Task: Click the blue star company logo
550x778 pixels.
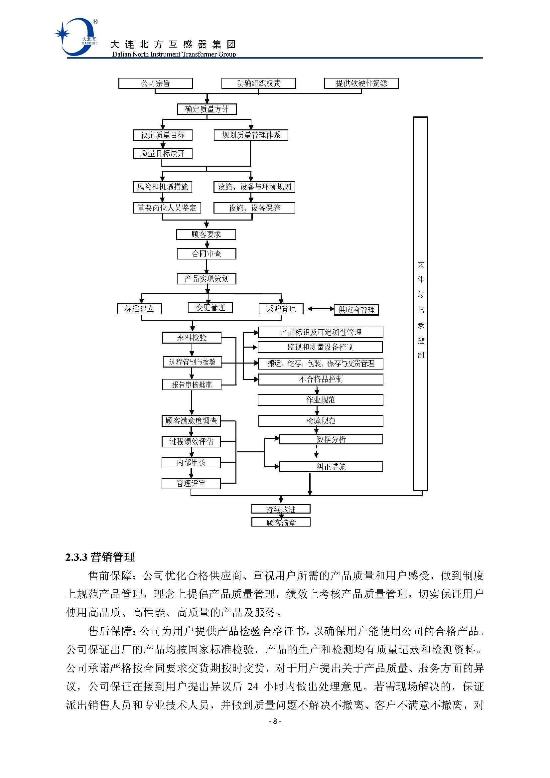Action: [75, 37]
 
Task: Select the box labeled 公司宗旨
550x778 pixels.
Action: [155, 83]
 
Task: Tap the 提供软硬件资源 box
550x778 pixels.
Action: [361, 83]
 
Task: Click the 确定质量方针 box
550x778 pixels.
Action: [206, 109]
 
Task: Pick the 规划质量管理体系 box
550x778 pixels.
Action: [251, 135]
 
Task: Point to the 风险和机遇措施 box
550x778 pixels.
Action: [162, 187]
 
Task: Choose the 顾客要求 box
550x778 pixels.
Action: [206, 234]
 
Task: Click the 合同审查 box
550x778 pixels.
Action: [206, 254]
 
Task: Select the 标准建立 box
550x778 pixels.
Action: [139, 309]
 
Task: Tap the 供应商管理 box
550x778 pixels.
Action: [356, 310]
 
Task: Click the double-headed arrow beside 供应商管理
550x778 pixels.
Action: [320, 309]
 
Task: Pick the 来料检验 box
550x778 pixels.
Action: [192, 338]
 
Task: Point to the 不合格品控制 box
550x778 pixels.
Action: [320, 379]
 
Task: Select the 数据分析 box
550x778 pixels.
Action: [331, 439]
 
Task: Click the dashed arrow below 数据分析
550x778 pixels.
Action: [316, 451]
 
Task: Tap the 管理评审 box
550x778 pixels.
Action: [191, 484]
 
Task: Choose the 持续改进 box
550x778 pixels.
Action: [281, 509]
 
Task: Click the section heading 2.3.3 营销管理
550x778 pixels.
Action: [100, 557]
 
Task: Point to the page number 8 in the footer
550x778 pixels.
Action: [275, 721]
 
